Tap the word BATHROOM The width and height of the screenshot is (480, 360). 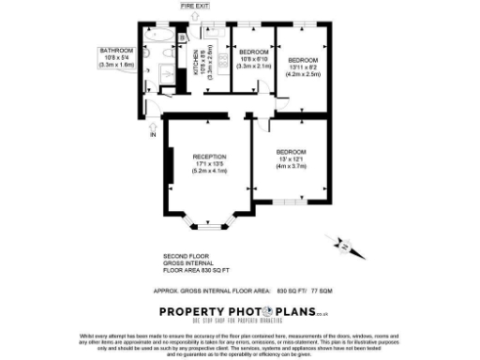[117, 50]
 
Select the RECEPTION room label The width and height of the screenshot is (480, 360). [209, 156]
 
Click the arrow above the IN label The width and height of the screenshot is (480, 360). [152, 124]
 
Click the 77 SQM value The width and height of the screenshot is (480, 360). [322, 290]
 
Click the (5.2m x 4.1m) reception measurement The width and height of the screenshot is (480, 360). [209, 172]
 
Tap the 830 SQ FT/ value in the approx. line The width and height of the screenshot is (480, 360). [292, 290]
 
